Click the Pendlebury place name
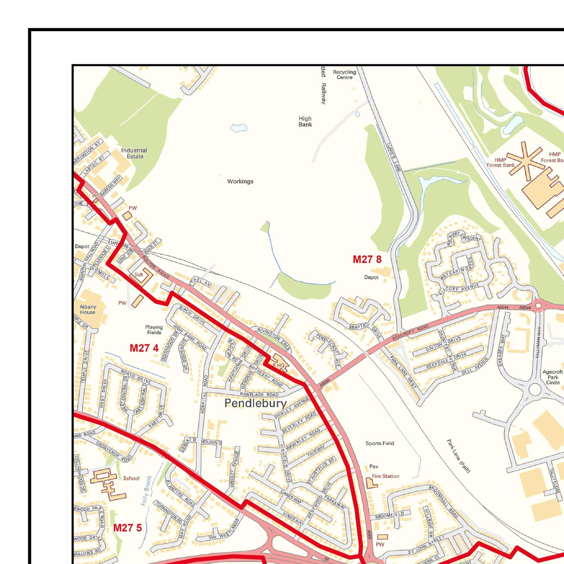255,403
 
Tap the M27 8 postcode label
367,259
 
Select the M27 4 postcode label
144,348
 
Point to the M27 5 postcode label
127,528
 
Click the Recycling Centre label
344,74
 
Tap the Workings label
240,182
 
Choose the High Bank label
305,121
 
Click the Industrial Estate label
134,153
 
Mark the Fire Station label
385,476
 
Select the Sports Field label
380,443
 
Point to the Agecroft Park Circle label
553,377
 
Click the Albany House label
88,309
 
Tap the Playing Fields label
154,330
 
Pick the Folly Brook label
147,490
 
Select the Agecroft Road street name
410,333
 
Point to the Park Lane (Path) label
459,456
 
